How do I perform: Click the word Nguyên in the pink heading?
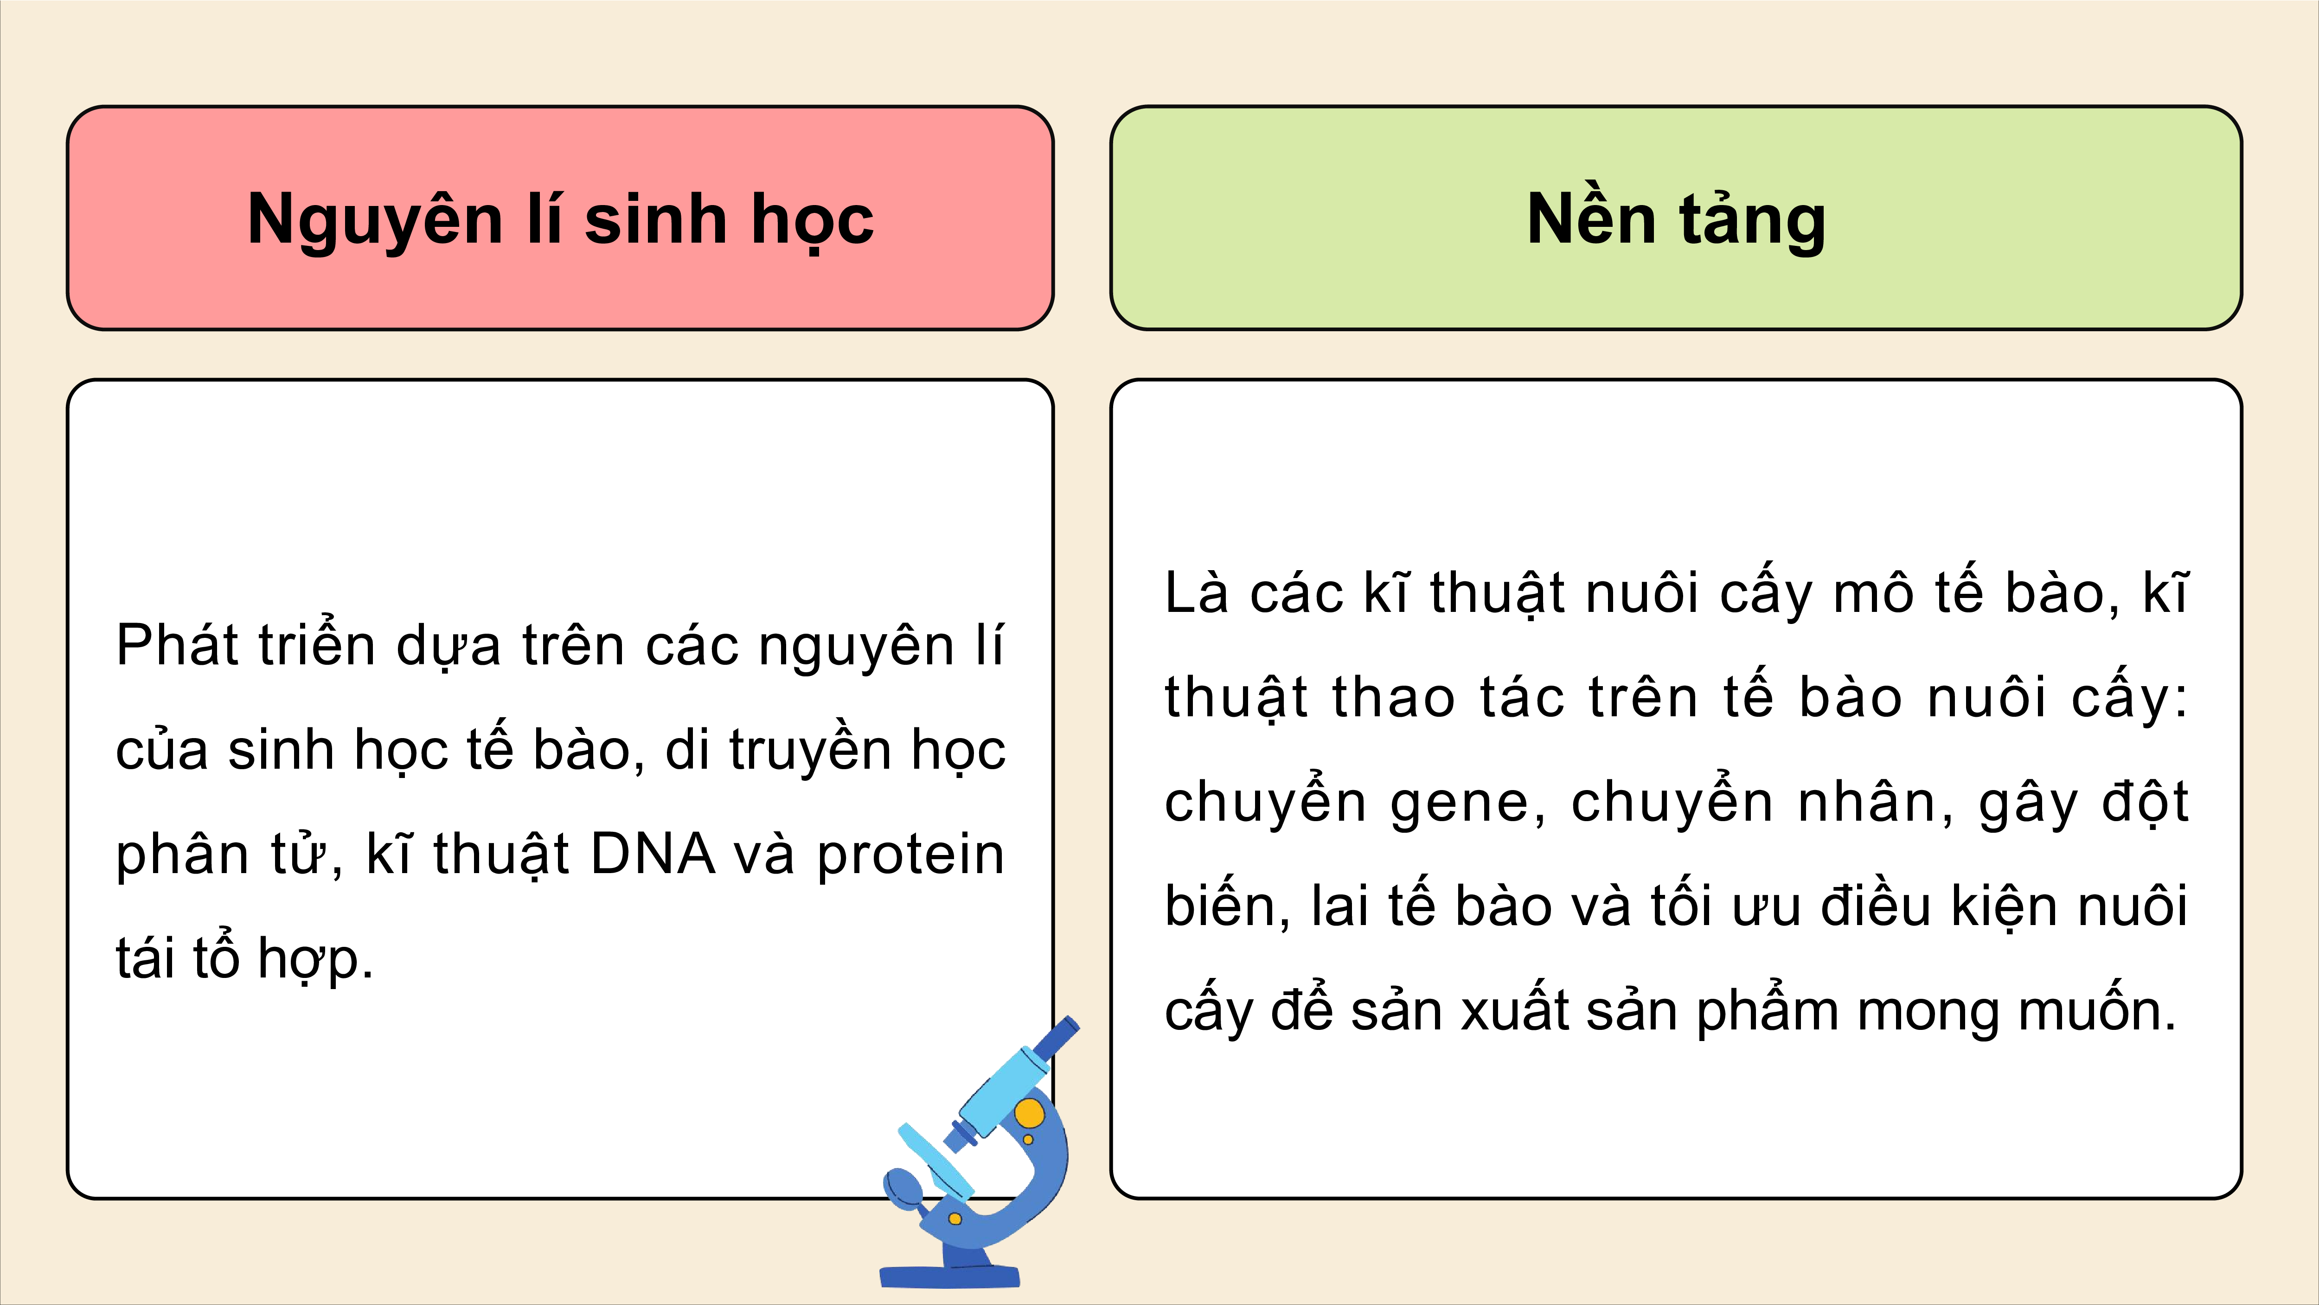point(374,221)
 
